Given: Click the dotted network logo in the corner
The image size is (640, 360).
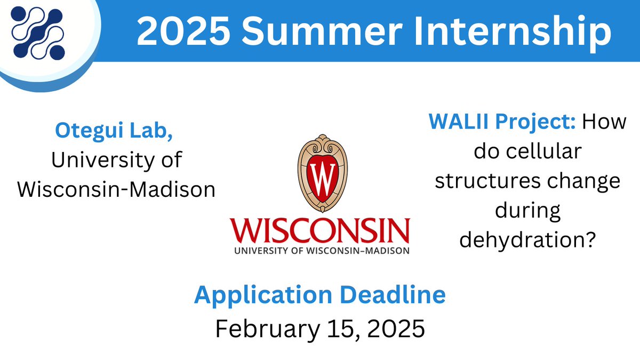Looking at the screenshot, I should pos(37,33).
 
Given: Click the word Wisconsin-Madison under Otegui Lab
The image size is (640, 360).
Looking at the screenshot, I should pos(116,189).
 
